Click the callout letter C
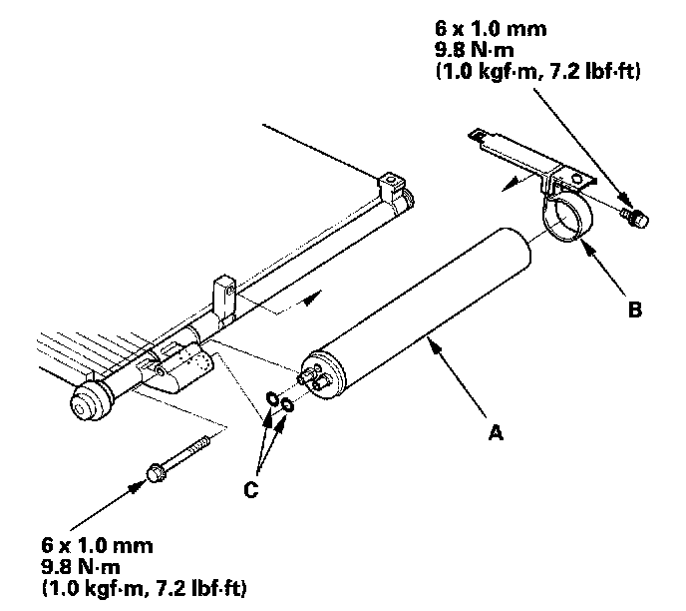[x=251, y=489]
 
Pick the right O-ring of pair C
[x=287, y=404]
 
